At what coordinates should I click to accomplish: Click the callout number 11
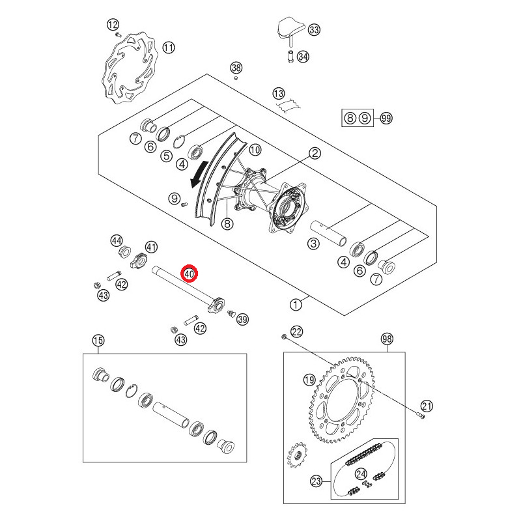pos(169,48)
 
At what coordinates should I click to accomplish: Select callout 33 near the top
pos(315,31)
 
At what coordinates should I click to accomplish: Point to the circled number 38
pos(236,68)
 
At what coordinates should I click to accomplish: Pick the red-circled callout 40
pos(190,274)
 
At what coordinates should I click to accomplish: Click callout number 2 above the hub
pos(315,154)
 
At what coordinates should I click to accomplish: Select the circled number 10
pos(255,150)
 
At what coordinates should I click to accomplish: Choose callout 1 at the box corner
pos(296,304)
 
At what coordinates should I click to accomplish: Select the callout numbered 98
pos(387,339)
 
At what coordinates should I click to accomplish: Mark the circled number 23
pos(317,482)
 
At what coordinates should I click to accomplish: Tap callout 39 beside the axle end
pos(243,319)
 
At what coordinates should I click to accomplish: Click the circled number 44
pos(117,241)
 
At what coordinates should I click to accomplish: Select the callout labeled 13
pos(279,92)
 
